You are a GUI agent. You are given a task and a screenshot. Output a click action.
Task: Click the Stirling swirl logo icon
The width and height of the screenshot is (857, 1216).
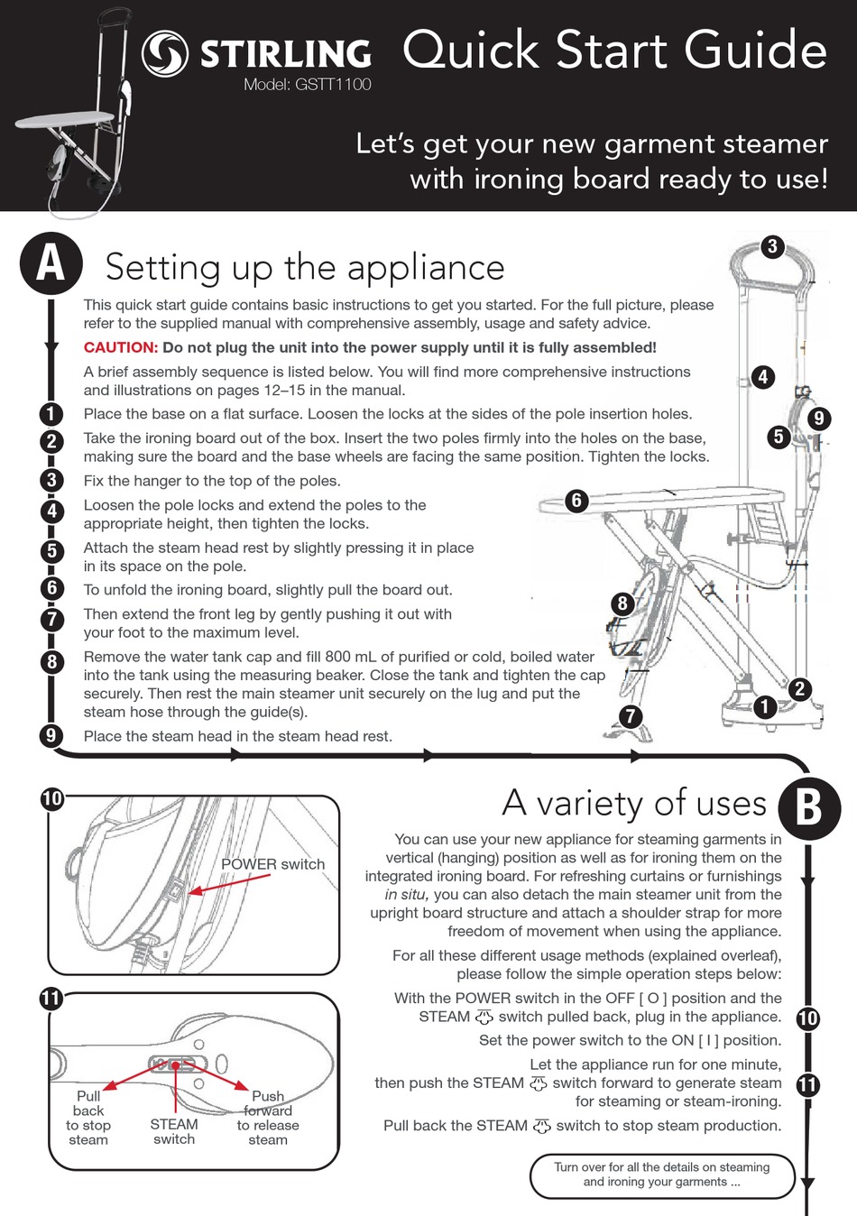(x=165, y=53)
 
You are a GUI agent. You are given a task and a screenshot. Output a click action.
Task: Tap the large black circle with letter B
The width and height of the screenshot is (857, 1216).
(x=808, y=806)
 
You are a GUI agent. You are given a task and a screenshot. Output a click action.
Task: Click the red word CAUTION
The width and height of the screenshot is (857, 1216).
(x=121, y=347)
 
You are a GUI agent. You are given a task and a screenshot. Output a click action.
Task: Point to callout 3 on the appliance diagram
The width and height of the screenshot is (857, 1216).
(x=772, y=246)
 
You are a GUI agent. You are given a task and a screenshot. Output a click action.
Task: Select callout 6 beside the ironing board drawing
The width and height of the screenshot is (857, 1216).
(x=576, y=501)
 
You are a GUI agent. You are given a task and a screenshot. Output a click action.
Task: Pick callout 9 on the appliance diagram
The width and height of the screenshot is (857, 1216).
(x=818, y=419)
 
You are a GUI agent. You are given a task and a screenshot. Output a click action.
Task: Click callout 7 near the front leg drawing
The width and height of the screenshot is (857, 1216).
(x=630, y=716)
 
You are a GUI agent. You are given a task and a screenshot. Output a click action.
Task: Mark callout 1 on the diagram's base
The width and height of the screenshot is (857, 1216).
(x=765, y=706)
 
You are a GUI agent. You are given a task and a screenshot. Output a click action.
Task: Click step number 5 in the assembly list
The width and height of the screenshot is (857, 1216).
(x=51, y=550)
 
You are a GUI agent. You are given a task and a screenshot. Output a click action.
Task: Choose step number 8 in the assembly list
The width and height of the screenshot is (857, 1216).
(x=51, y=661)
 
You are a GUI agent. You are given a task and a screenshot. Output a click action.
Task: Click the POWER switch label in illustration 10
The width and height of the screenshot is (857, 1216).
(x=272, y=864)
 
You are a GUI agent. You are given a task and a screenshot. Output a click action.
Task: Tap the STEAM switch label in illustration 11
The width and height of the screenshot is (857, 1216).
(x=174, y=1131)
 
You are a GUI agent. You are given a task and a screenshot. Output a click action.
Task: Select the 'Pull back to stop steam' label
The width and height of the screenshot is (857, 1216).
(x=88, y=1118)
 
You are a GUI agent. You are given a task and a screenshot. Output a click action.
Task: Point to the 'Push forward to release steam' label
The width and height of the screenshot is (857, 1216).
(x=268, y=1118)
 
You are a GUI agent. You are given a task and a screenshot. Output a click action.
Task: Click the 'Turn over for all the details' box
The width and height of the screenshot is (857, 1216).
(x=662, y=1175)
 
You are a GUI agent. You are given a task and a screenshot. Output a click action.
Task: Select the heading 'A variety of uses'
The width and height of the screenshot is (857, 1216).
(x=633, y=803)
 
